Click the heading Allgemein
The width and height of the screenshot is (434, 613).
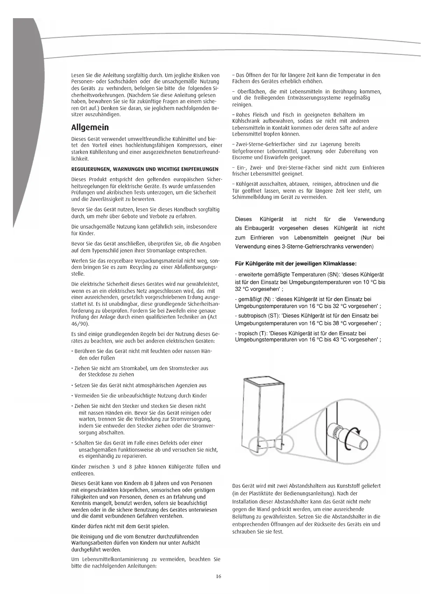click(x=90, y=127)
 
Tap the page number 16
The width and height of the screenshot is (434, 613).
click(x=218, y=577)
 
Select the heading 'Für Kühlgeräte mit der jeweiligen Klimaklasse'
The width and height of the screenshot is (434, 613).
click(x=296, y=264)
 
